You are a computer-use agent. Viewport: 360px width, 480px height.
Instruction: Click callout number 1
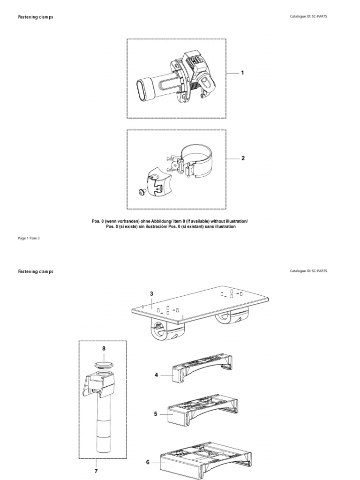pos(243,73)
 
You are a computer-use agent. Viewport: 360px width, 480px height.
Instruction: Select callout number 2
pos(243,158)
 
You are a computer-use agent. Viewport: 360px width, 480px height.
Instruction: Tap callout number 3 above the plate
pos(151,293)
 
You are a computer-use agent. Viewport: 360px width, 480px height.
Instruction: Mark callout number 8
pos(104,349)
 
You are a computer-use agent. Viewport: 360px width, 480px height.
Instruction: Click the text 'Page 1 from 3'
pos(29,238)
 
